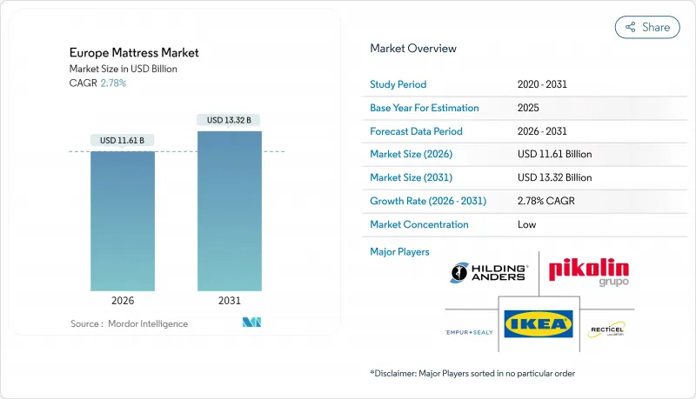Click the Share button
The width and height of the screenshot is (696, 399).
coord(647,27)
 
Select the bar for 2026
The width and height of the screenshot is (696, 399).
coord(123,221)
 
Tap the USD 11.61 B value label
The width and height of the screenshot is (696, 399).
coord(123,140)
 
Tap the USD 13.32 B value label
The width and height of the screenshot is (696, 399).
coord(230,119)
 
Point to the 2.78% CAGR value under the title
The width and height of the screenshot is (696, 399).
coord(112,83)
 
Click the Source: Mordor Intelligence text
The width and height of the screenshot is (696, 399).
coord(129,323)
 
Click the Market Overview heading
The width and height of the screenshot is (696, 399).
coord(413,48)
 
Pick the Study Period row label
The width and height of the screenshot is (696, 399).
coord(398,84)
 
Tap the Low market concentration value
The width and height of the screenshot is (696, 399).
coord(527,224)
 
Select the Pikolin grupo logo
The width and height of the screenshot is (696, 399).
coord(588,272)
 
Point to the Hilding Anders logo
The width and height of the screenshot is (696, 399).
coord(489,272)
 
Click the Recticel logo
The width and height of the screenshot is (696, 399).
coord(606,329)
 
